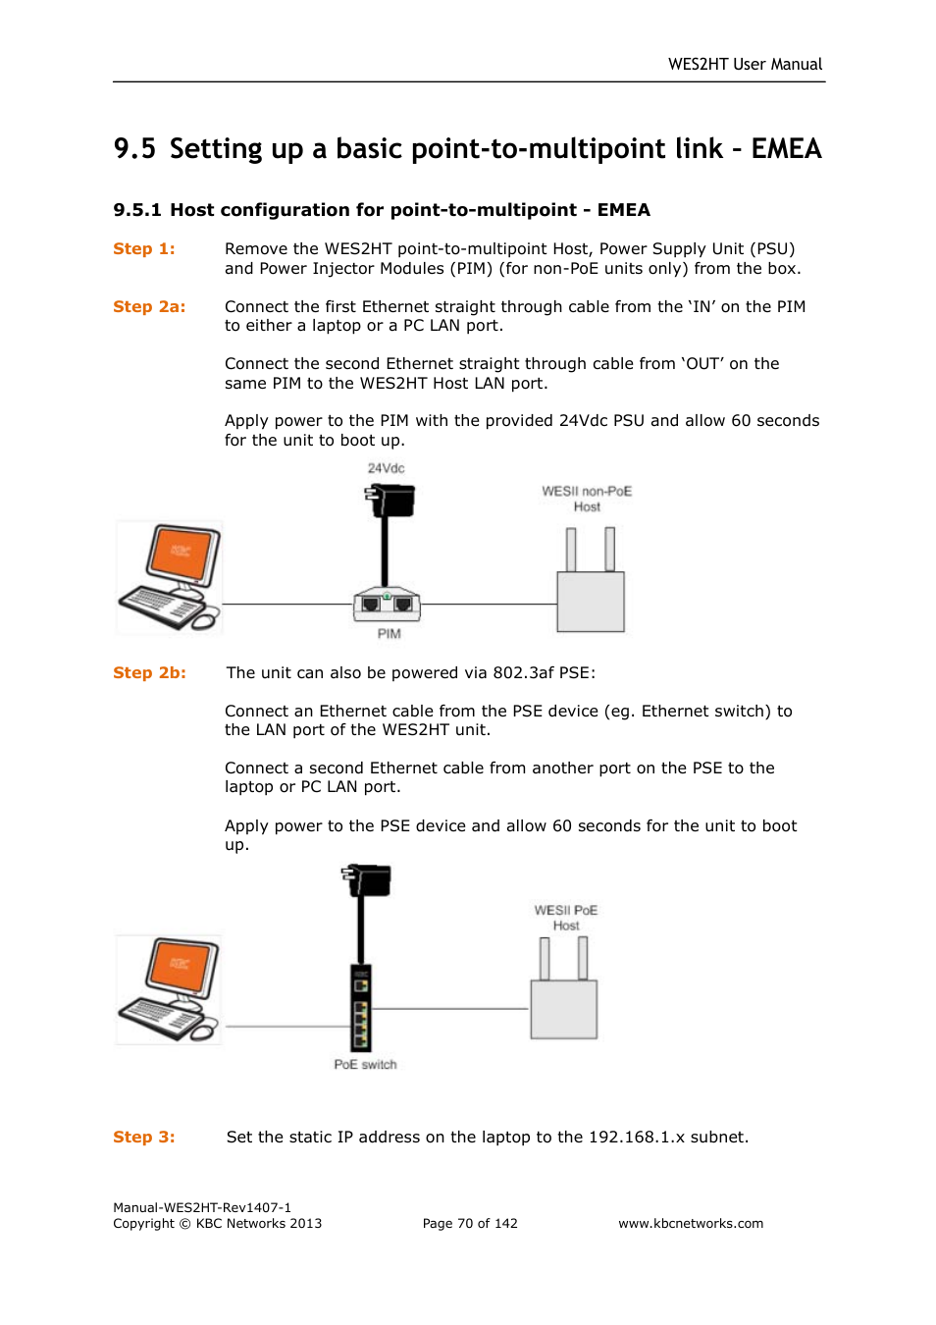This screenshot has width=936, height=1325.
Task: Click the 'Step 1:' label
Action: [x=143, y=249]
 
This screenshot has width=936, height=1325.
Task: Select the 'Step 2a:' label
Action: [x=148, y=307]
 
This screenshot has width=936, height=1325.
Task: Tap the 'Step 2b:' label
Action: [x=148, y=673]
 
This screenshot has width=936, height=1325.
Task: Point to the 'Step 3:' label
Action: [x=143, y=1138]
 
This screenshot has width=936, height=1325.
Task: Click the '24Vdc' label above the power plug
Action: [x=386, y=468]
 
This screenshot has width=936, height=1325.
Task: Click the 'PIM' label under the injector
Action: [x=389, y=634]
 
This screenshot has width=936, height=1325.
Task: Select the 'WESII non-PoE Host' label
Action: [x=587, y=499]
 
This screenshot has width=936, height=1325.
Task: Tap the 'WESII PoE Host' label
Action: [x=565, y=918]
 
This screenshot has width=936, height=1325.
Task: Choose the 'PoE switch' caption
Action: [x=365, y=1065]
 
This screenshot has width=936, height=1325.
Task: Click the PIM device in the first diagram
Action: [x=387, y=605]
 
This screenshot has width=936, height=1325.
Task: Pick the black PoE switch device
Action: [x=361, y=1008]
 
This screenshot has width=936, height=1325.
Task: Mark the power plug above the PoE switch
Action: [x=368, y=879]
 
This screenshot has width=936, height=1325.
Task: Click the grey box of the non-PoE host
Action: [x=591, y=603]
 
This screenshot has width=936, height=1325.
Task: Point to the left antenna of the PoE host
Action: [x=545, y=958]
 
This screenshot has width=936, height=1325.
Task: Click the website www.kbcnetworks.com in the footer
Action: [x=690, y=1224]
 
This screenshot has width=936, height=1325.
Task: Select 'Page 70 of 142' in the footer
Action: [x=470, y=1224]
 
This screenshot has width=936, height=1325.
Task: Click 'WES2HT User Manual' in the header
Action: [x=745, y=65]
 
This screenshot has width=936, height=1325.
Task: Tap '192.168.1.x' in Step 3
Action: [x=636, y=1138]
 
